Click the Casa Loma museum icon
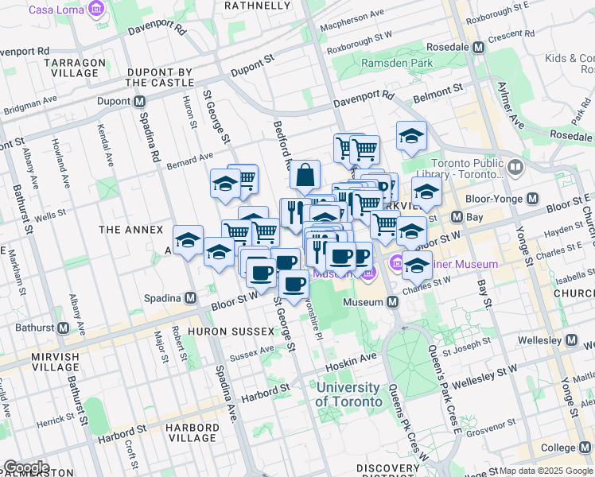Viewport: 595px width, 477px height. [96, 10]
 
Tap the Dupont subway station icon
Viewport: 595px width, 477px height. [140, 101]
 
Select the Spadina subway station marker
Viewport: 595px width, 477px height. [190, 298]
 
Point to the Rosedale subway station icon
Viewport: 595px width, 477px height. [478, 47]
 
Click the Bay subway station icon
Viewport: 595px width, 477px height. [457, 216]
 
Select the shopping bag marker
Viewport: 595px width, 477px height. [305, 175]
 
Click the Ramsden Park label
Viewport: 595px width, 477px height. [396, 63]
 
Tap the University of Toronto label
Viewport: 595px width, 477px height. [347, 394]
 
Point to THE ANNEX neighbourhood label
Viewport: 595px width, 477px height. [119, 230]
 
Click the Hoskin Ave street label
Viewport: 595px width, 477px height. [350, 359]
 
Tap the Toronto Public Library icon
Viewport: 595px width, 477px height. [515, 168]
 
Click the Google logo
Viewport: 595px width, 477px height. [25, 467]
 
